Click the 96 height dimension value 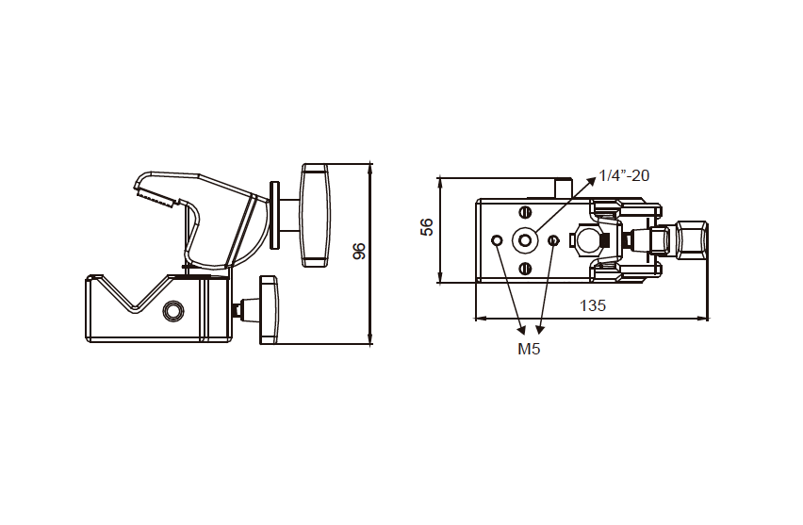click(x=358, y=252)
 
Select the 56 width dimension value click(x=427, y=227)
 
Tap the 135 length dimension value click(x=592, y=305)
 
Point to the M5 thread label click(x=529, y=349)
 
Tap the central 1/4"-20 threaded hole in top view click(x=525, y=241)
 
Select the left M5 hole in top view click(x=497, y=241)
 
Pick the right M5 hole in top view click(x=553, y=241)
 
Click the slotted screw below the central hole click(x=525, y=270)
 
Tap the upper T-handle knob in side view click(x=315, y=215)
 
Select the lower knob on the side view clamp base click(x=268, y=308)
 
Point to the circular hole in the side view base click(x=172, y=311)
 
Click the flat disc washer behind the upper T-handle click(x=274, y=215)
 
